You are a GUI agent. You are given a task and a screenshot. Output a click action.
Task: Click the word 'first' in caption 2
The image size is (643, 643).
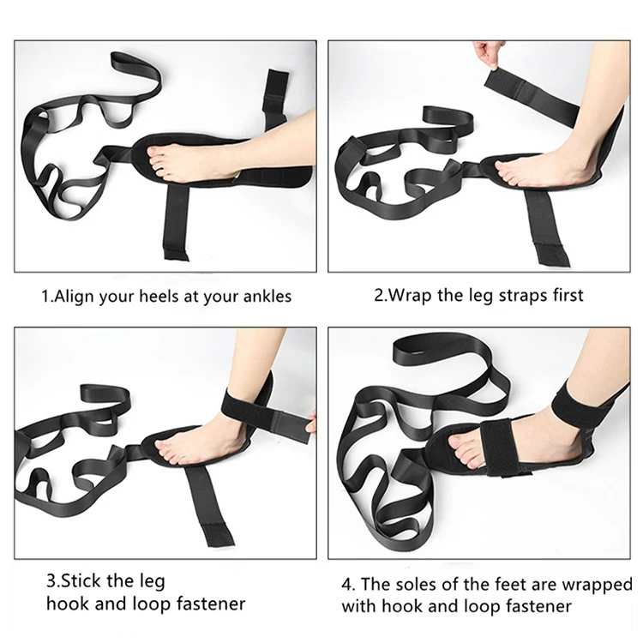[x=564, y=295]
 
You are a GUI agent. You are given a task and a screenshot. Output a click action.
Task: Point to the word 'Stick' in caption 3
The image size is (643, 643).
[x=83, y=580]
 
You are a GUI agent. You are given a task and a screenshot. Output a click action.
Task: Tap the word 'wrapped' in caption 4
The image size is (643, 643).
[x=598, y=585]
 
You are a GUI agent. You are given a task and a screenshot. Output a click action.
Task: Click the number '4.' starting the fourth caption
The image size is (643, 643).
[x=349, y=585]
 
